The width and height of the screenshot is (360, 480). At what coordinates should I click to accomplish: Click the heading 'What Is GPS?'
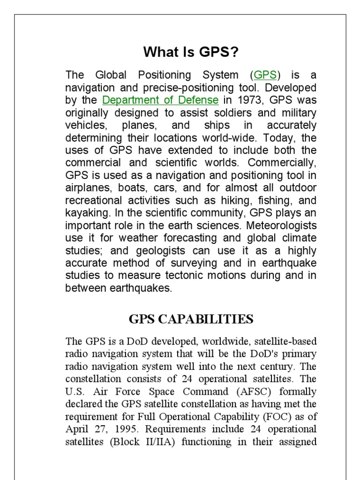point(191,52)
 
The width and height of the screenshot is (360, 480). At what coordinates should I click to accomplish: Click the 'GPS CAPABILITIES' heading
point(191,320)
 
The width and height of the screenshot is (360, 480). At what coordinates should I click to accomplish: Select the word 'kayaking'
point(86,213)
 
